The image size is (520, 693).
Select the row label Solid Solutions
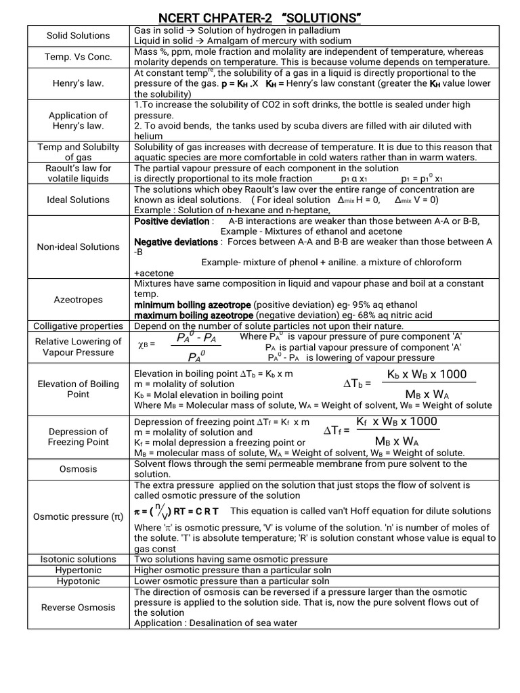coord(78,35)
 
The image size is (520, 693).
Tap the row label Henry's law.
coord(78,83)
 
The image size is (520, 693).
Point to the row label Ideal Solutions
coord(78,200)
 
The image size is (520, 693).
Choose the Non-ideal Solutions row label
coord(78,246)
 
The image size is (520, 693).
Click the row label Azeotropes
coord(78,298)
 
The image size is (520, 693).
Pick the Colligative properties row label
coord(78,326)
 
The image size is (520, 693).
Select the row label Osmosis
coord(78,469)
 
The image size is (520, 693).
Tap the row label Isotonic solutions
coord(78,559)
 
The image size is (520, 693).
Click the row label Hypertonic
coord(78,570)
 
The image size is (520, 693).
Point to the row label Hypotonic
coord(78,581)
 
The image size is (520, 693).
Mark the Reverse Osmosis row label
coord(78,607)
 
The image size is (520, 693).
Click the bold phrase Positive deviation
coord(173,221)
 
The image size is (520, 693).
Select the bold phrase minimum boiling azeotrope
coord(193,305)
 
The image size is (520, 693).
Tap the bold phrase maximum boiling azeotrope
coord(193,315)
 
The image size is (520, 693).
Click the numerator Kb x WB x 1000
coord(427,375)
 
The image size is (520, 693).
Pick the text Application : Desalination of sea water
coord(215,623)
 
